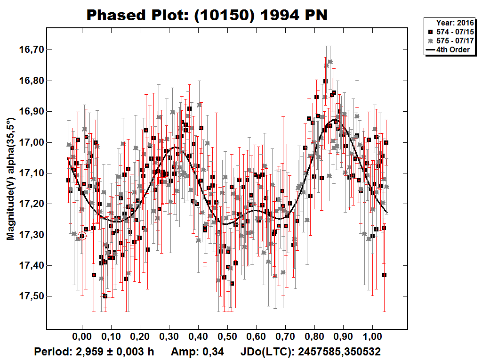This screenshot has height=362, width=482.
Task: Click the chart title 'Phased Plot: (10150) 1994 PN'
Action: (x=207, y=16)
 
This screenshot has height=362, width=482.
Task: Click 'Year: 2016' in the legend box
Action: (x=453, y=23)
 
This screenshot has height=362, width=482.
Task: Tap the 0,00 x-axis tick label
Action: (x=82, y=338)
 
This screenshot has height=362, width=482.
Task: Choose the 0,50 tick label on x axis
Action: (x=227, y=338)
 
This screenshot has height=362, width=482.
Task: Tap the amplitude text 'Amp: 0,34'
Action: (x=197, y=352)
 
